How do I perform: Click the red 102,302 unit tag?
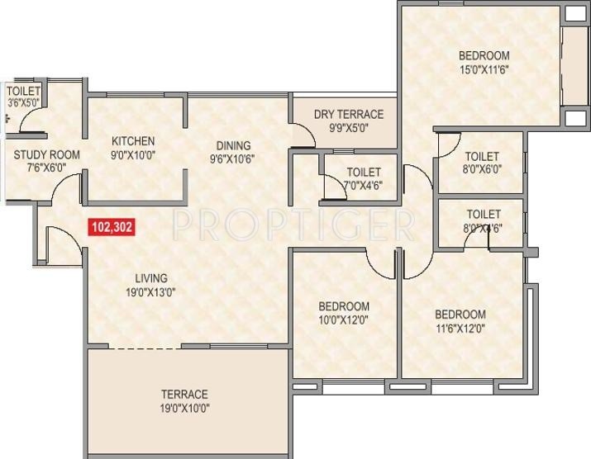click(111, 225)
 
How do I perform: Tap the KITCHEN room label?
click(133, 141)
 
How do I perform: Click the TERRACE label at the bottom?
click(185, 394)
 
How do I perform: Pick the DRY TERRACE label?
click(349, 115)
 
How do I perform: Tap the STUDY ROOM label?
click(46, 154)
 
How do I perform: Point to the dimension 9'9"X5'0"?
click(349, 128)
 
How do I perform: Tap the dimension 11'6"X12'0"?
click(460, 328)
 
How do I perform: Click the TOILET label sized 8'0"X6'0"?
click(482, 156)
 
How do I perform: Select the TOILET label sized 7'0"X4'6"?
click(364, 172)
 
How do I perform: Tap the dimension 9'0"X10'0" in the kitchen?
click(133, 154)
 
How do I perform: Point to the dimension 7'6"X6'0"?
click(46, 168)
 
